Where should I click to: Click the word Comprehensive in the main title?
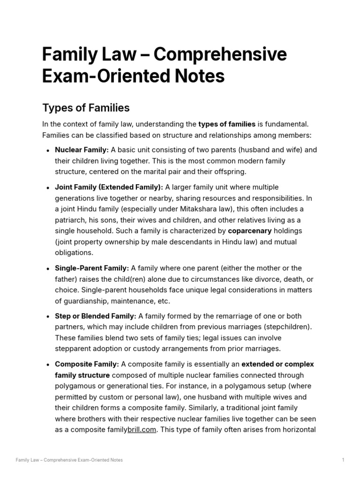220,55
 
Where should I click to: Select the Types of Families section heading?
86,108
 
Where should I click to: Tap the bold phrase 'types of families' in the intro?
227,124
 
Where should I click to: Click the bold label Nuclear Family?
82,150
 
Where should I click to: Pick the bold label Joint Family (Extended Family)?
109,187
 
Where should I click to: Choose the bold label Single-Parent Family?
92,268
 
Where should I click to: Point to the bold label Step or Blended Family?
96,316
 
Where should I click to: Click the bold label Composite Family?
87,364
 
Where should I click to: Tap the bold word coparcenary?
250,231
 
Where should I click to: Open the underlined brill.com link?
142,430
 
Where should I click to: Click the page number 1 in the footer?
343,460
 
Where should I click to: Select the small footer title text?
69,460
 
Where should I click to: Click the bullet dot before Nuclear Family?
48,150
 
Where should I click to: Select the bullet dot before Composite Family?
48,365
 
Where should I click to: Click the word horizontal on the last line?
298,430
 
